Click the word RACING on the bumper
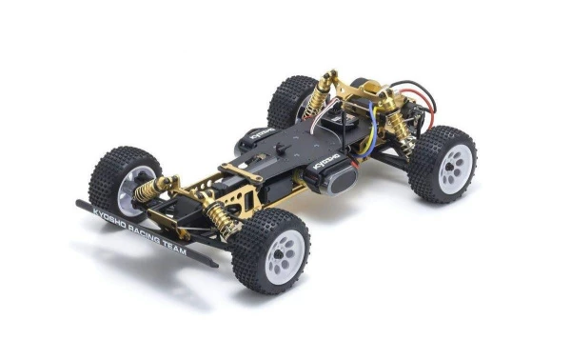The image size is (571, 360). pos(147,231)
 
